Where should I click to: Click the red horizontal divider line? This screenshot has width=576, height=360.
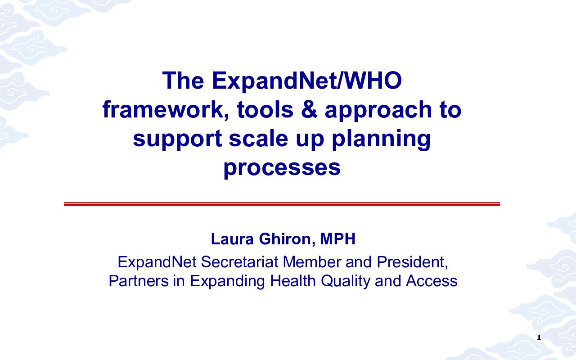point(282,204)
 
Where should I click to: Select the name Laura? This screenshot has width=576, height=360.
point(232,239)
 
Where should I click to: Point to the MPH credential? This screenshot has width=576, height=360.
point(337,239)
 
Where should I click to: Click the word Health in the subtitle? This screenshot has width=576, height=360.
point(292,281)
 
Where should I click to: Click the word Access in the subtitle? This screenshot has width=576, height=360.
point(432,281)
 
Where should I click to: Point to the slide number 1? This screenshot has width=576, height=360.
point(539,338)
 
